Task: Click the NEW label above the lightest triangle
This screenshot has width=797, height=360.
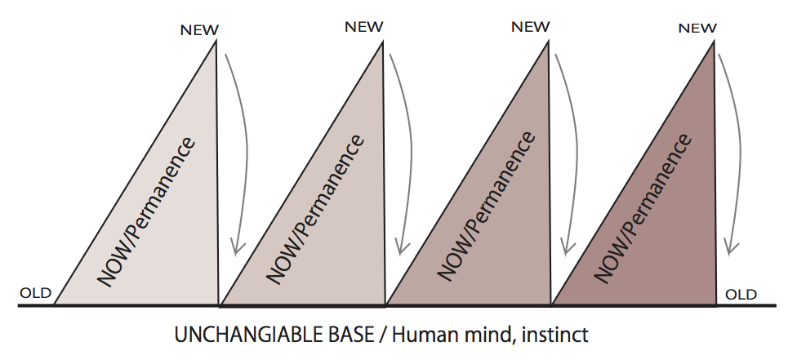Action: [200, 30]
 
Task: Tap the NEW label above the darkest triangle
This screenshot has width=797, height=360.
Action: [697, 28]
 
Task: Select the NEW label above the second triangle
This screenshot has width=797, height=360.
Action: [363, 26]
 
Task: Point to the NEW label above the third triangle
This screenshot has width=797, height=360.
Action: [530, 26]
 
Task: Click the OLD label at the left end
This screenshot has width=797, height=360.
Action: [35, 293]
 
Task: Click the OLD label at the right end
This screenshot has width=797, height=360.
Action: [741, 294]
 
